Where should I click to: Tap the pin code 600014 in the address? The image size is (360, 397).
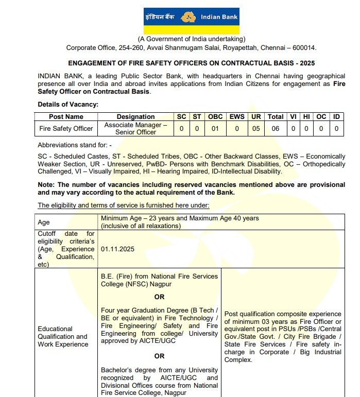click(303, 48)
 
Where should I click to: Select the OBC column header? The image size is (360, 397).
click(215, 116)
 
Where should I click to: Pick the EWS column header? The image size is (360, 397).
click(237, 116)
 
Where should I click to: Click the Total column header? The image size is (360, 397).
click(276, 116)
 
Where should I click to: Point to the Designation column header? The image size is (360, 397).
click(135, 116)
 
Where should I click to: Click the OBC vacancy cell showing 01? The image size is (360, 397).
click(215, 128)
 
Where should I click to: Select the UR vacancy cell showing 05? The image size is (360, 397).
click(256, 128)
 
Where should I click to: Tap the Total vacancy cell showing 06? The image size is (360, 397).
click(276, 128)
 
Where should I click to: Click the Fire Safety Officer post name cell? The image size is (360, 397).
click(66, 128)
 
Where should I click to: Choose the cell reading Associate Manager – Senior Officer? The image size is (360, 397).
click(135, 128)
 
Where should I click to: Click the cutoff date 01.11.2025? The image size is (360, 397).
click(117, 249)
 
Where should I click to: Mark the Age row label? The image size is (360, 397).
click(44, 222)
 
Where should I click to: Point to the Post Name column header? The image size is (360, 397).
click(66, 116)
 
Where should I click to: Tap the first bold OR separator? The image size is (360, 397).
click(159, 297)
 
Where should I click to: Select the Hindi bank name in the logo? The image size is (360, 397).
click(160, 18)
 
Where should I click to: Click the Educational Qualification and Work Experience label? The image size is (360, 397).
click(62, 336)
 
